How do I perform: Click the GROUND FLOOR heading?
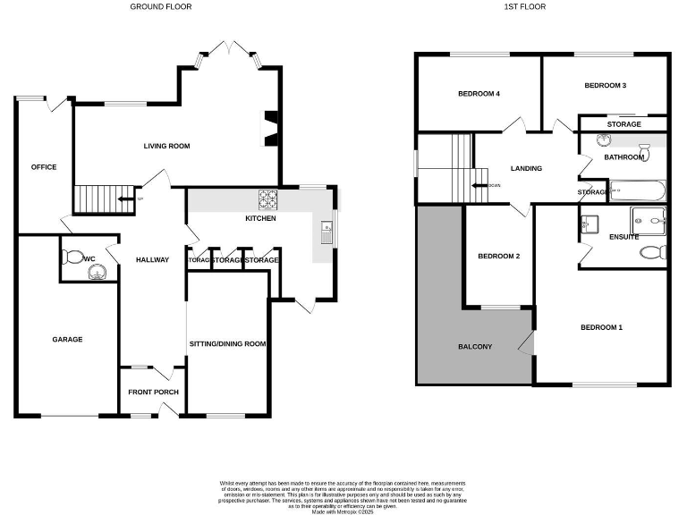[161, 6]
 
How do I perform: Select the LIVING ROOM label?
[167, 146]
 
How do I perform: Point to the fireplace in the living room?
[270, 127]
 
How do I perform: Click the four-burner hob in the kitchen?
[268, 199]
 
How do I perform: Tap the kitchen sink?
[327, 231]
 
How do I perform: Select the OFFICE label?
[44, 167]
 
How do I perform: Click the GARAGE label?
[67, 339]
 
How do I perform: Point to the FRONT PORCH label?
[153, 393]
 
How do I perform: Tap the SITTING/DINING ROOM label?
[228, 343]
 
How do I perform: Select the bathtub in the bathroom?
[635, 190]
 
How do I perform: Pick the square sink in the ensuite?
[589, 224]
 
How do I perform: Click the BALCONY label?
[475, 346]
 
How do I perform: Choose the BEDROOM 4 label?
[479, 94]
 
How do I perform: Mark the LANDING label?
[526, 168]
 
